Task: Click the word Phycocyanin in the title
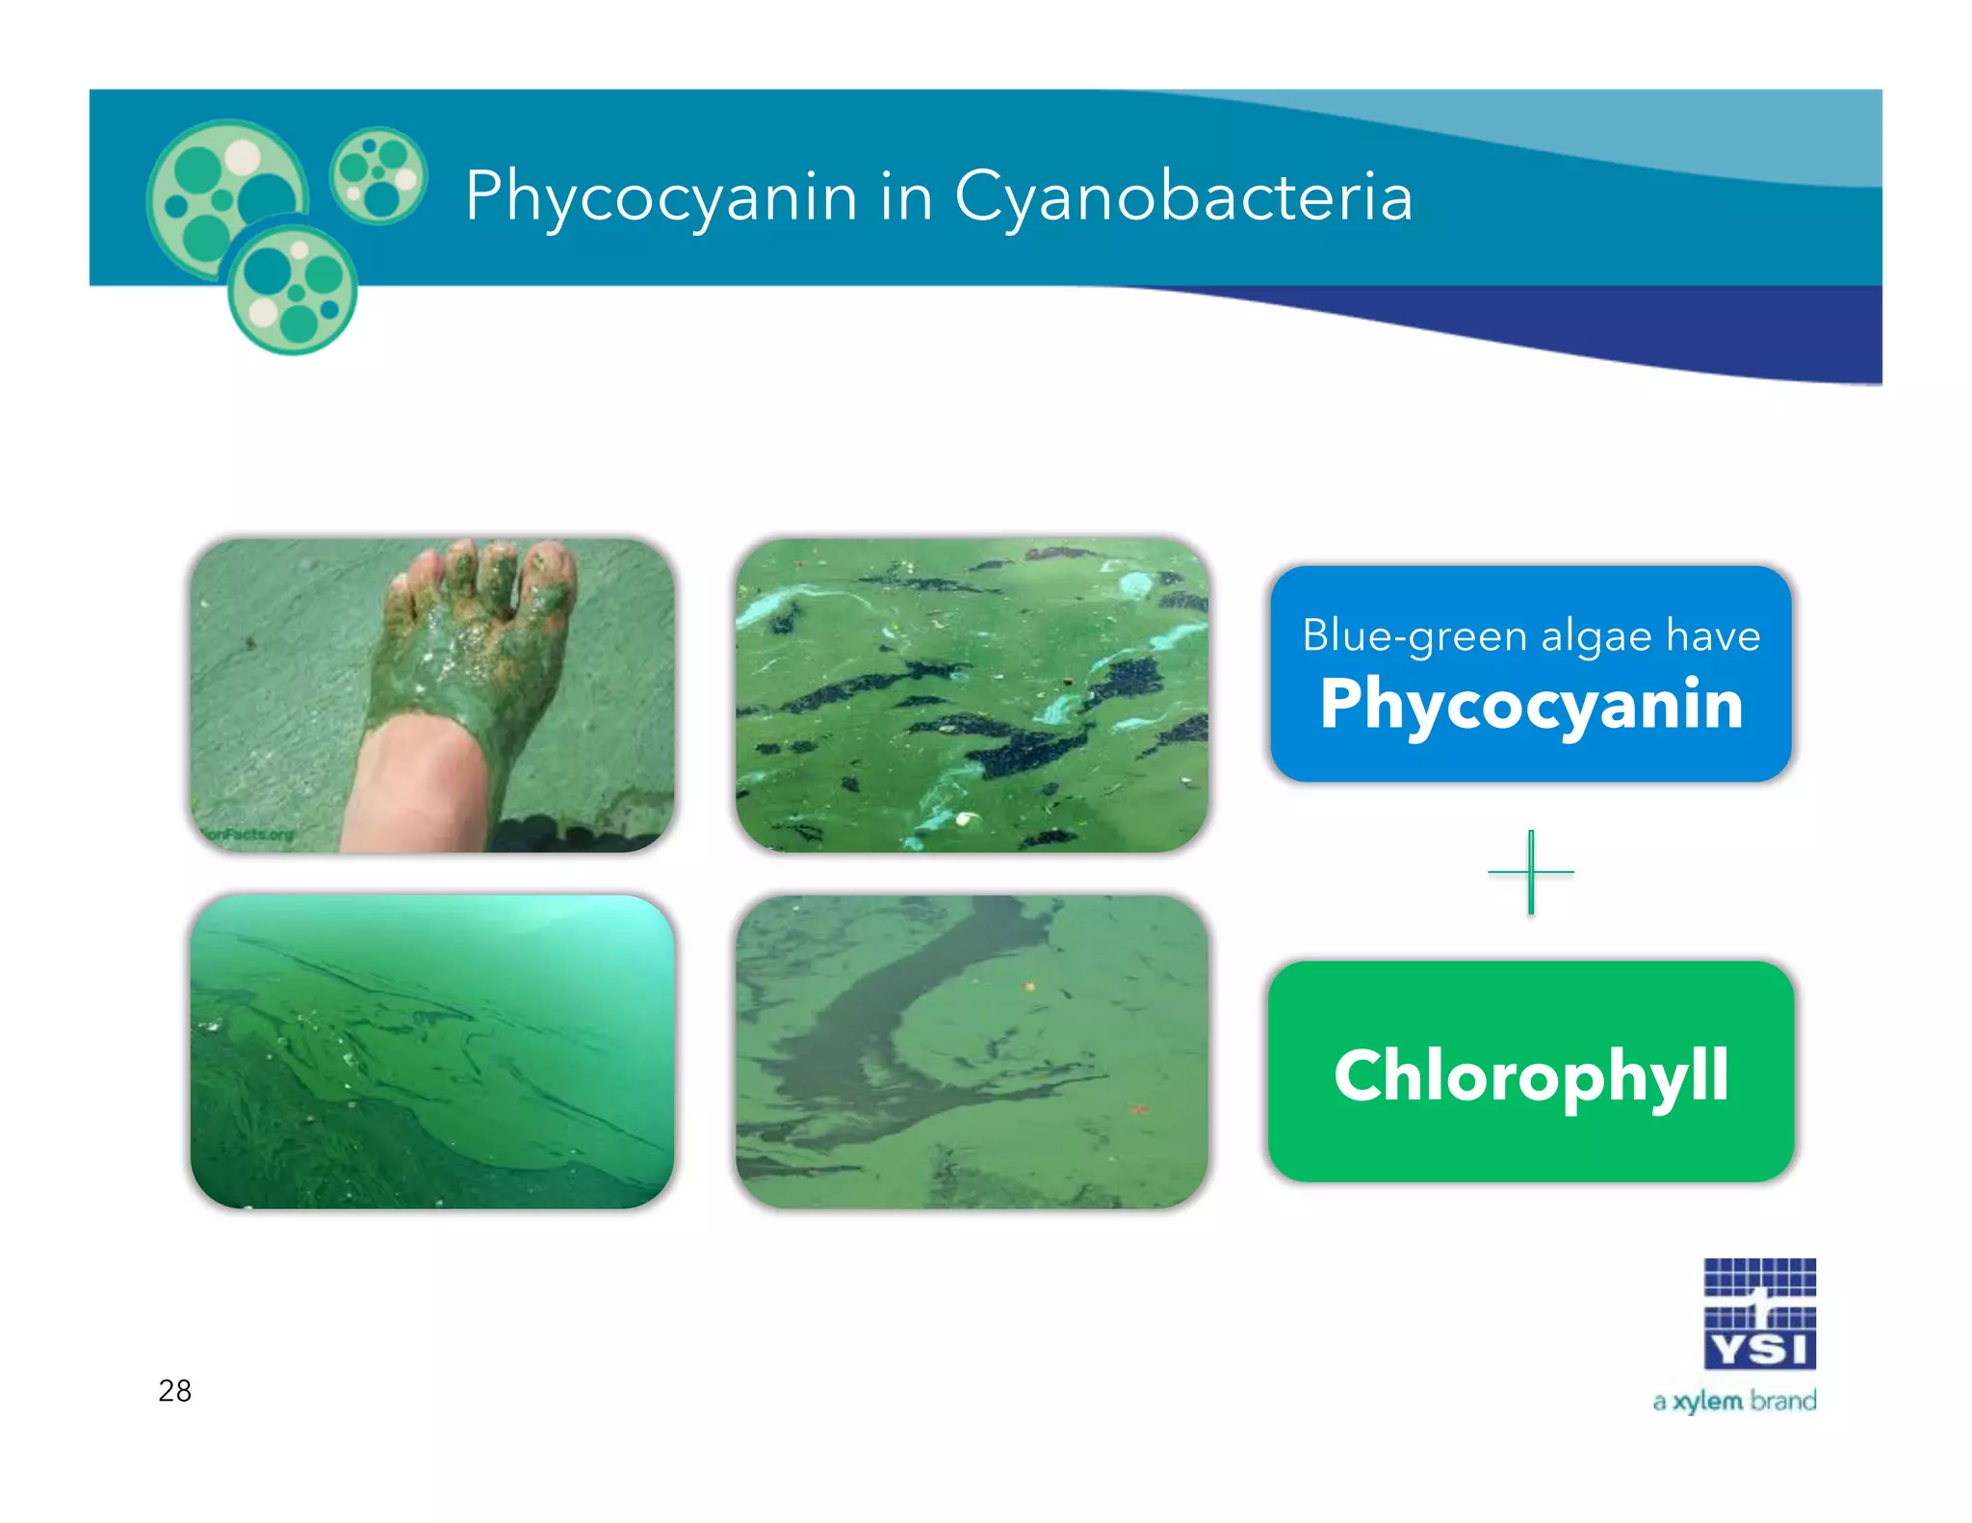point(661,197)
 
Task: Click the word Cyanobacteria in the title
point(1183,197)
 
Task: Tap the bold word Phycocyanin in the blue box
point(1531,705)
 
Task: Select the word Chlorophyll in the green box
point(1531,1075)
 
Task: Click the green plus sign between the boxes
point(1531,872)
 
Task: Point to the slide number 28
point(175,1391)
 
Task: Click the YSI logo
point(1759,1313)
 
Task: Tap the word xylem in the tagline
point(1707,1402)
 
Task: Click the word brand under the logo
point(1783,1401)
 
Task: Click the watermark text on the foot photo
point(248,835)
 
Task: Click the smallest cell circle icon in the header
point(378,175)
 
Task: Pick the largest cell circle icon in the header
point(225,198)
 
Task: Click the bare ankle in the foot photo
point(414,789)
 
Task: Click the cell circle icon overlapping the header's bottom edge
point(293,290)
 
